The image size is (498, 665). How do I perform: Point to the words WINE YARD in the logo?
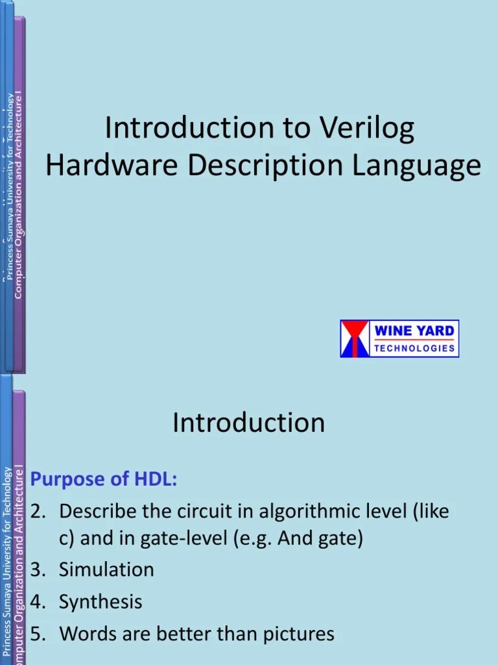point(414,331)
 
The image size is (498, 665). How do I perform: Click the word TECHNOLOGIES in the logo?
point(414,348)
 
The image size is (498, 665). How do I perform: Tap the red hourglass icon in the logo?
point(355,338)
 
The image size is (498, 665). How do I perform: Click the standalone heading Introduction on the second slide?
point(248,423)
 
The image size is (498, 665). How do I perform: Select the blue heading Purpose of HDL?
point(104,479)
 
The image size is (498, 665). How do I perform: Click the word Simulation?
point(106,570)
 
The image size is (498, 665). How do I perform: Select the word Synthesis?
point(100,601)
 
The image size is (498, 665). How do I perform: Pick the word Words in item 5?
point(84,633)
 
